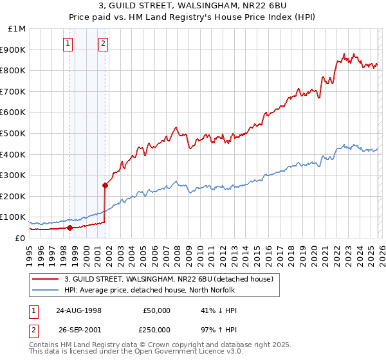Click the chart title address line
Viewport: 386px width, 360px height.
(x=192, y=6)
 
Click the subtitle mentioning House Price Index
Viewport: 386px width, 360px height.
(x=192, y=17)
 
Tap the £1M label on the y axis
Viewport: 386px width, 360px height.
(x=17, y=29)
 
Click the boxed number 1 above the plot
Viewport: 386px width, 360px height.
(x=69, y=44)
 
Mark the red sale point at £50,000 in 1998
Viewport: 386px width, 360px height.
(x=69, y=227)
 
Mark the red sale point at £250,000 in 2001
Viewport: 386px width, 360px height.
(x=105, y=185)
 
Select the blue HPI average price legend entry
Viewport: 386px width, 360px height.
(x=149, y=290)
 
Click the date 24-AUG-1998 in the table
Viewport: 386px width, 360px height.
(x=78, y=310)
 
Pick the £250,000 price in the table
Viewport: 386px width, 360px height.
(x=156, y=329)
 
